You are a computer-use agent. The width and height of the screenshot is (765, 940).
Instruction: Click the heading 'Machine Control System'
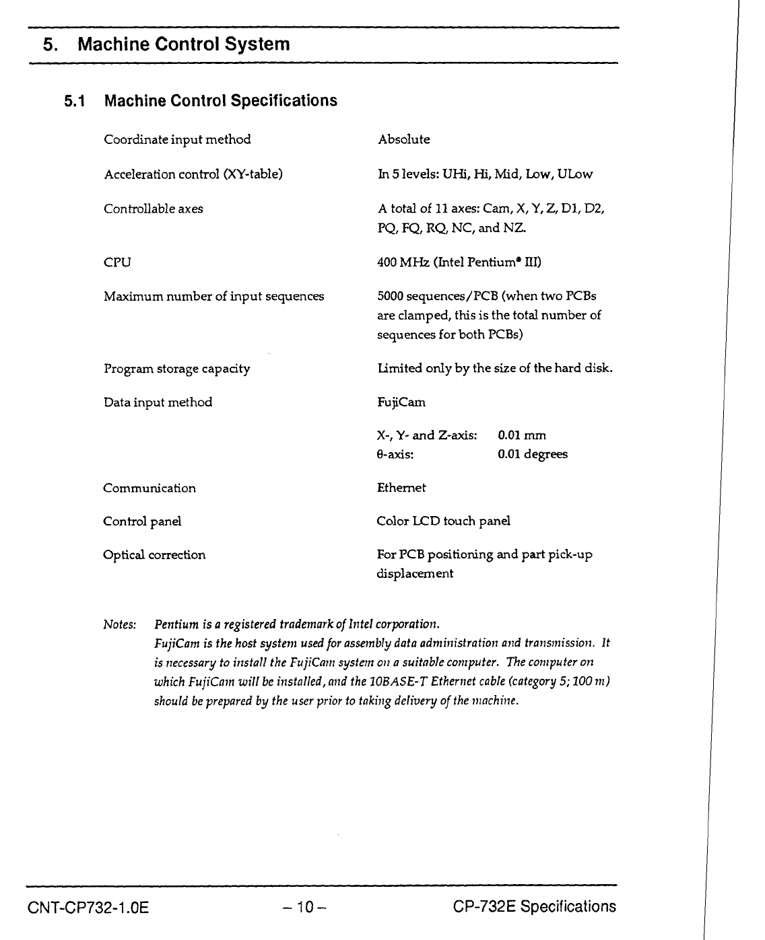pyautogui.click(x=184, y=45)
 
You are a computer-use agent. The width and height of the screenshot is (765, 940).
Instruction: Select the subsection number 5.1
pyautogui.click(x=75, y=102)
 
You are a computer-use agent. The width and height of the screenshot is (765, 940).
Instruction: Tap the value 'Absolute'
pyautogui.click(x=403, y=140)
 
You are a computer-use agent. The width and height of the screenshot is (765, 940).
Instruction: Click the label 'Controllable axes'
pyautogui.click(x=154, y=209)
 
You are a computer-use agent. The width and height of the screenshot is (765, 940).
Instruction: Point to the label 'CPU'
pyautogui.click(x=117, y=262)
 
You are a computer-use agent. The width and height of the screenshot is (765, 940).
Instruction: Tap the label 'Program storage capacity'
pyautogui.click(x=177, y=369)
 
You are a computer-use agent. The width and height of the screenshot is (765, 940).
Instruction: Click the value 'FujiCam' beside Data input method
pyautogui.click(x=401, y=403)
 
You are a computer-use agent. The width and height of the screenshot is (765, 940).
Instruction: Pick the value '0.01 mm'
pyautogui.click(x=522, y=436)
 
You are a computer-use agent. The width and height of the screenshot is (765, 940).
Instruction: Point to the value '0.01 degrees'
pyautogui.click(x=533, y=455)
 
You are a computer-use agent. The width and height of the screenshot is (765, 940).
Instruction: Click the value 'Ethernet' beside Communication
pyautogui.click(x=401, y=489)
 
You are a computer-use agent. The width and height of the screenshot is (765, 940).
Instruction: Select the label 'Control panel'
pyautogui.click(x=142, y=522)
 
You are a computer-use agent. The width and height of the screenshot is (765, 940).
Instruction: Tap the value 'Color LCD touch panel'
pyautogui.click(x=443, y=521)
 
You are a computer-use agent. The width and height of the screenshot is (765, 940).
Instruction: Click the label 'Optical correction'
pyautogui.click(x=154, y=556)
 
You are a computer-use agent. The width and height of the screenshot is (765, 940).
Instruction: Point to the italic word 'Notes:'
pyautogui.click(x=120, y=625)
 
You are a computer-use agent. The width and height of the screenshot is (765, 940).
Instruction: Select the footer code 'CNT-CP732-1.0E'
pyautogui.click(x=88, y=908)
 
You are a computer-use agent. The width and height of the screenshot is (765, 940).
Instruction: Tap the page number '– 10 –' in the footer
pyautogui.click(x=304, y=908)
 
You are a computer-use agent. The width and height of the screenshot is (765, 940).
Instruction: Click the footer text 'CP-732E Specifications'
pyautogui.click(x=535, y=907)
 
